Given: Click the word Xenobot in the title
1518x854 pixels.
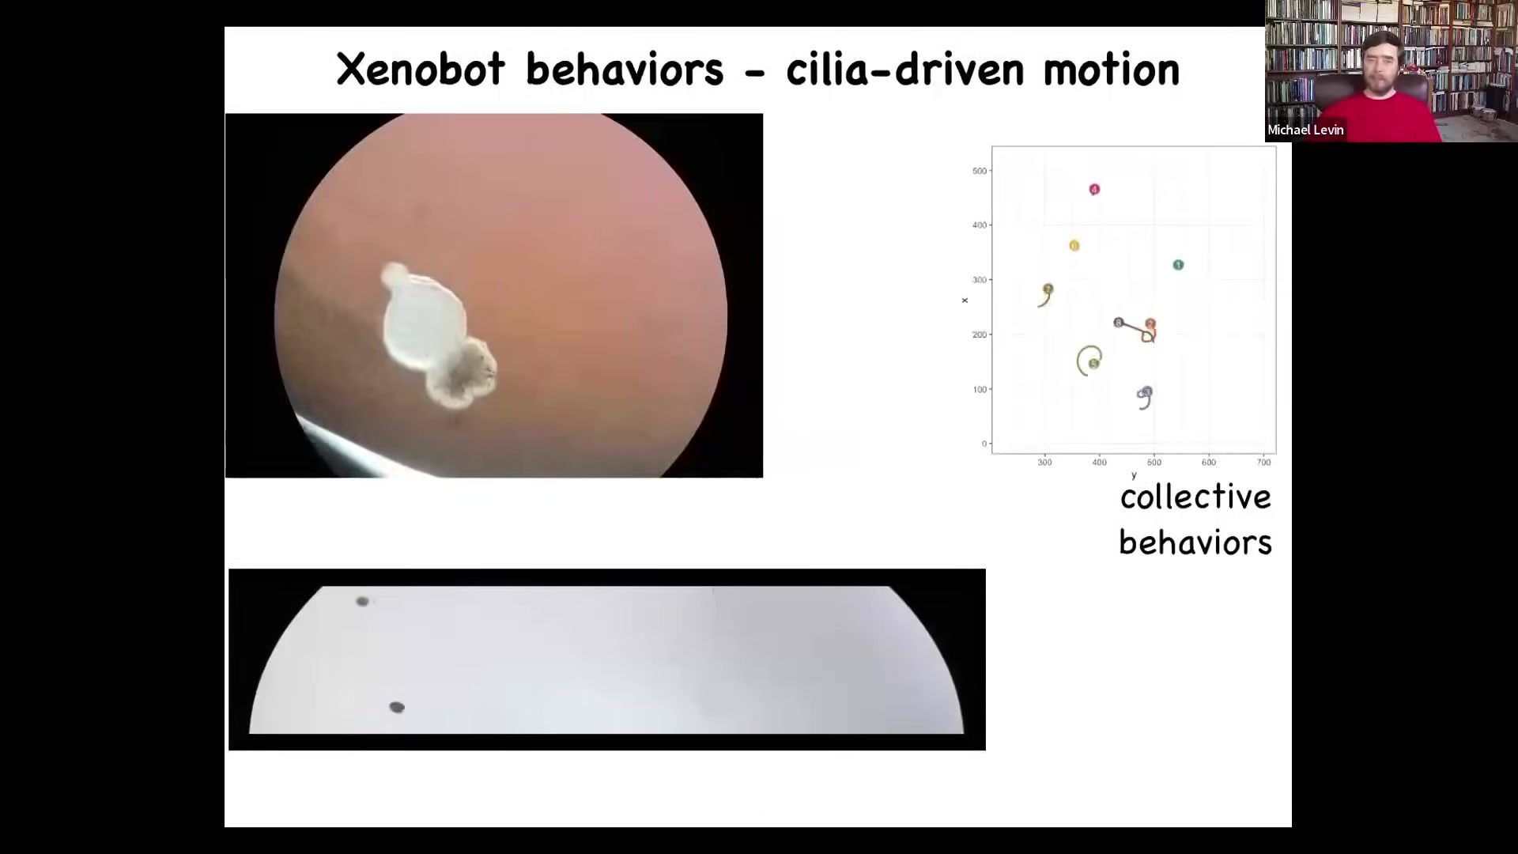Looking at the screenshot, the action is coord(421,70).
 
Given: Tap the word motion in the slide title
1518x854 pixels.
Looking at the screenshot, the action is coord(1111,70).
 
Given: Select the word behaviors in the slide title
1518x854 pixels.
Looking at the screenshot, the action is coord(625,69).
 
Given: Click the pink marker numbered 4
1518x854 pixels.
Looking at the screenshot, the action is coord(1094,190).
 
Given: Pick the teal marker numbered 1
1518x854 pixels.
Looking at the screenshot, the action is coord(1178,265).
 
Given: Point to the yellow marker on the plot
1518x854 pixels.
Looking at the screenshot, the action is coord(1074,246).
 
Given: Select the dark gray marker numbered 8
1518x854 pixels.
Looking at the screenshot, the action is coord(1118,323).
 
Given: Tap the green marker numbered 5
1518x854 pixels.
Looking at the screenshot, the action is coord(1093,364).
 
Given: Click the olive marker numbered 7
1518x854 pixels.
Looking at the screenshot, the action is coord(1048,289).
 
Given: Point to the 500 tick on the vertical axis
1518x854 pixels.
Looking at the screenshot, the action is coord(980,171).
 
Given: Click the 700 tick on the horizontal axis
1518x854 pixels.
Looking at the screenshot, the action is coord(1263,463).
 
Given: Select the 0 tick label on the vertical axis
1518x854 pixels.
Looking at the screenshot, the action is coord(984,444).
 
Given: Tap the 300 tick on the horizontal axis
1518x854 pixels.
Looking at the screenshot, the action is coord(1044,463).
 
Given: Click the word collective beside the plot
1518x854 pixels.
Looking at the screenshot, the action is coord(1195,497).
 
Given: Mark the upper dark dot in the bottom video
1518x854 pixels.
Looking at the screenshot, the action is coord(362,602).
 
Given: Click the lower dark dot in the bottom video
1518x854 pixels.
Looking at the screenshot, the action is coord(397,707).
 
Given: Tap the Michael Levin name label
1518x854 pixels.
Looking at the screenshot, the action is coord(1305,130).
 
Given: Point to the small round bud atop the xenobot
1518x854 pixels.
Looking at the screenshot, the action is coord(394,275).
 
